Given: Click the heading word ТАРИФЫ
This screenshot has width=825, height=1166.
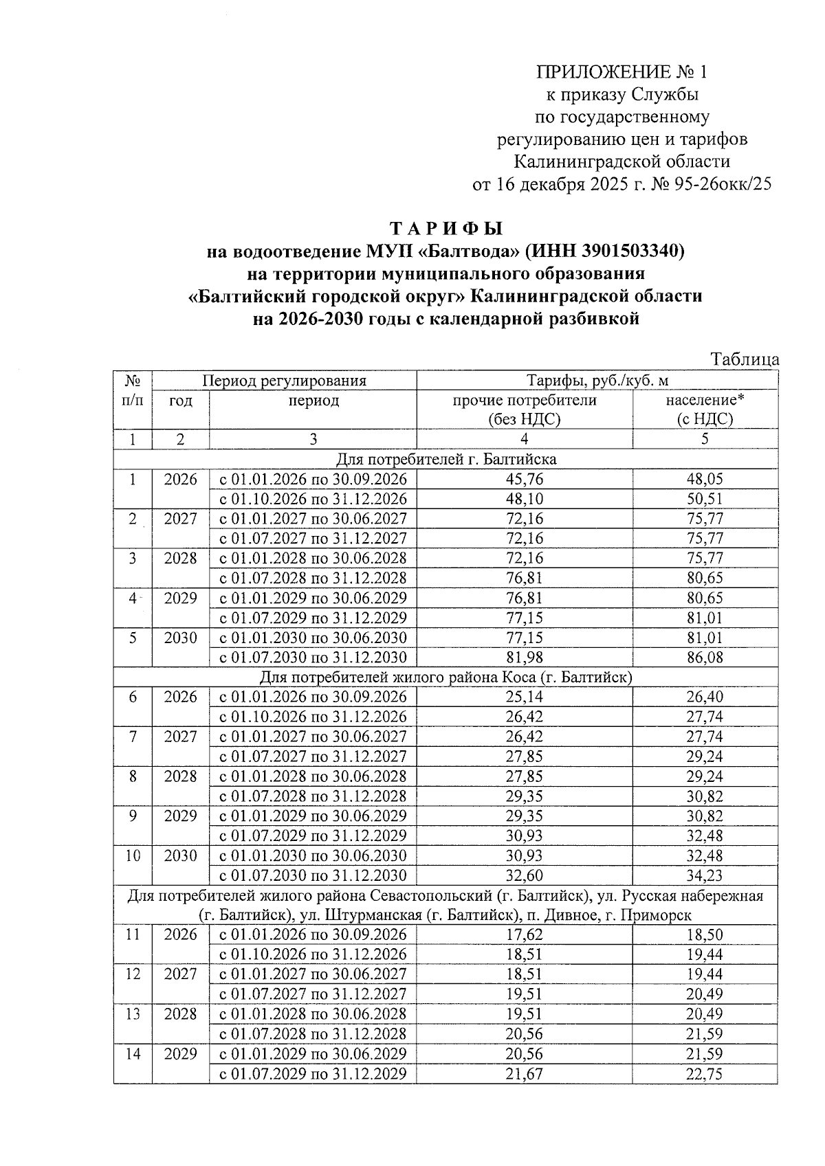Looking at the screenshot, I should [x=447, y=228].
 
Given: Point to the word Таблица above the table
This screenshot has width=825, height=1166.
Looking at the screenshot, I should [x=745, y=359].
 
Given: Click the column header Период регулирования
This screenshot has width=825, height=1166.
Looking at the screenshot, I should [x=284, y=381].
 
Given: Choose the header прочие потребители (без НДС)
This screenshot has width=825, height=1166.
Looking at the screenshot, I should [x=524, y=410].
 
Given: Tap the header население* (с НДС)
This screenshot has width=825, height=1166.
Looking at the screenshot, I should [x=705, y=410].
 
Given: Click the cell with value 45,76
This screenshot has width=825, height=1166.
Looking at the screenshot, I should [x=524, y=480].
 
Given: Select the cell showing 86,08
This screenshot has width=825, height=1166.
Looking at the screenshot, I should [x=705, y=658].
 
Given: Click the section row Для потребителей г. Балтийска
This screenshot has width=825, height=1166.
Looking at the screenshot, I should [x=446, y=459].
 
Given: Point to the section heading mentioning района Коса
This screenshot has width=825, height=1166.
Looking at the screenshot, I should [x=446, y=677].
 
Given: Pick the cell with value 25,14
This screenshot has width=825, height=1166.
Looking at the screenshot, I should [x=524, y=697].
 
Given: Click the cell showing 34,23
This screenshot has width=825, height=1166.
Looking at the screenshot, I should [x=705, y=876].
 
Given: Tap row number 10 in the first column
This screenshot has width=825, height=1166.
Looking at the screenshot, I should [x=133, y=856].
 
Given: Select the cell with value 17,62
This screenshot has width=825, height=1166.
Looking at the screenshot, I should [x=524, y=935].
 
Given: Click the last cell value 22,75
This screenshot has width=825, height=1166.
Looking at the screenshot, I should [x=705, y=1074].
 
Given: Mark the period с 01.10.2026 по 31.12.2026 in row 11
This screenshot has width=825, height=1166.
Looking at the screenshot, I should [x=313, y=955].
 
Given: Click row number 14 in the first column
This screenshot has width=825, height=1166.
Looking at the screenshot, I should [x=133, y=1054].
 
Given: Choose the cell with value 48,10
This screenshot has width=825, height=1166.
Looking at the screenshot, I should [x=524, y=500].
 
